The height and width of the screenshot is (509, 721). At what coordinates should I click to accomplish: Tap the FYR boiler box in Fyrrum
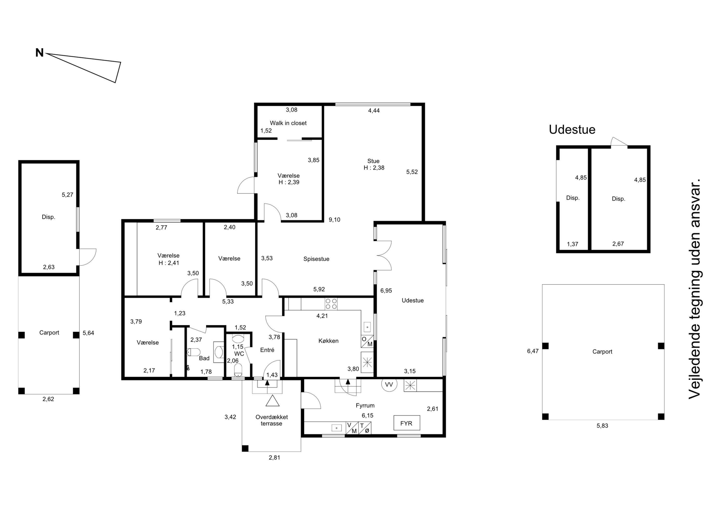pyautogui.click(x=407, y=423)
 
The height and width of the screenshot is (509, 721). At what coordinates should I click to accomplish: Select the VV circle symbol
pyautogui.click(x=389, y=384)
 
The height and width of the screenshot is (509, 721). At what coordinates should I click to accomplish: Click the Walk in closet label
pyautogui.click(x=288, y=123)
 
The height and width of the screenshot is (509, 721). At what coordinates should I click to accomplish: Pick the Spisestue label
pyautogui.click(x=316, y=259)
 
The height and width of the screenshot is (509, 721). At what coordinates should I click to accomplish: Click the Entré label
pyautogui.click(x=267, y=350)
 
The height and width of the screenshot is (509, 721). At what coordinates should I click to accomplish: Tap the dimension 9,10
pyautogui.click(x=335, y=220)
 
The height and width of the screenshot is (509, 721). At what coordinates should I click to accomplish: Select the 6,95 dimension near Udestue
pyautogui.click(x=386, y=291)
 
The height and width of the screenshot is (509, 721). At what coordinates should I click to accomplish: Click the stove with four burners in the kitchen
pyautogui.click(x=331, y=304)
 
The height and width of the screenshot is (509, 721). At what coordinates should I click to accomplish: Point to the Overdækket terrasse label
pyautogui.click(x=272, y=420)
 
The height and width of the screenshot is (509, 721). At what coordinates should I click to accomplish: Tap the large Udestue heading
pyautogui.click(x=572, y=130)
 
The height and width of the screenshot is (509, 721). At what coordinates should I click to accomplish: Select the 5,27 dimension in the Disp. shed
pyautogui.click(x=67, y=195)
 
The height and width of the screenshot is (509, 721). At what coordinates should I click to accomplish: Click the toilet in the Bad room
pyautogui.click(x=193, y=352)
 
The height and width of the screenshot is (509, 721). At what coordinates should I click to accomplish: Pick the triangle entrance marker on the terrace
pyautogui.click(x=273, y=401)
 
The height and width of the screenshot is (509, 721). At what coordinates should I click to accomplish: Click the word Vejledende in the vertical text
pyautogui.click(x=694, y=367)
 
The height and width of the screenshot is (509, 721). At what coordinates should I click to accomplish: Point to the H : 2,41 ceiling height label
pyautogui.click(x=169, y=263)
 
